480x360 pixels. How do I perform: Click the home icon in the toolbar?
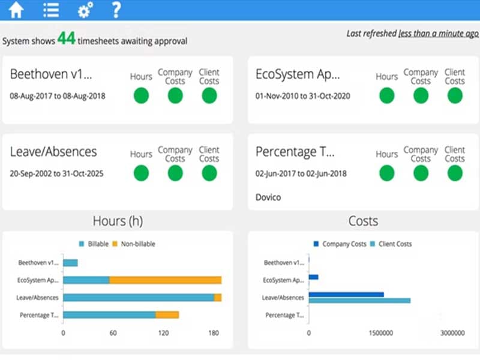pyautogui.click(x=16, y=10)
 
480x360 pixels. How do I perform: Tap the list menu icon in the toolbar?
pyautogui.click(x=51, y=10)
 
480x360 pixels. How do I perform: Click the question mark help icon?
pyautogui.click(x=116, y=10)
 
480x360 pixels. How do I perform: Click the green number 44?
pyautogui.click(x=66, y=40)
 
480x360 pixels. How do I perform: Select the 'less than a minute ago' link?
pyautogui.click(x=438, y=34)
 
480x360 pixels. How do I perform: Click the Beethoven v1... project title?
pyautogui.click(x=51, y=74)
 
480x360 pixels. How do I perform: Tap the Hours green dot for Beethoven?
pyautogui.click(x=141, y=95)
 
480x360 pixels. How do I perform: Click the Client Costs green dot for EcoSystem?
pyautogui.click(x=455, y=95)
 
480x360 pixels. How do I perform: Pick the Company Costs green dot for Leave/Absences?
pyautogui.click(x=175, y=173)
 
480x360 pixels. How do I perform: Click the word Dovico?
pyautogui.click(x=268, y=197)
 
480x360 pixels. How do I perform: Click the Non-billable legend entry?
pyautogui.click(x=134, y=244)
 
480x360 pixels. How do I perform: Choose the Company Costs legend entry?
pyautogui.click(x=340, y=244)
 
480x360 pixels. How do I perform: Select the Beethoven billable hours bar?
pyautogui.click(x=70, y=263)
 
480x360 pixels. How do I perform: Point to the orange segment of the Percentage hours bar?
pyautogui.click(x=167, y=315)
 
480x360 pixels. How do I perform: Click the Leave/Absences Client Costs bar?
pyautogui.click(x=359, y=300)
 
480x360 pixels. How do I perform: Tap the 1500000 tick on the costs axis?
pyautogui.click(x=380, y=333)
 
